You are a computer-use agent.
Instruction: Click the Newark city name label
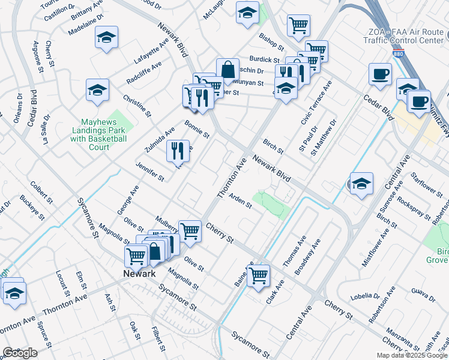[x=139, y=274]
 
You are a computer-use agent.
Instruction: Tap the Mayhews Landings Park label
[x=98, y=130]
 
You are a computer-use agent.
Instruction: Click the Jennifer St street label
[x=149, y=171]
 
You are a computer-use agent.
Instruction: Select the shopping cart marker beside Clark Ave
[x=258, y=275]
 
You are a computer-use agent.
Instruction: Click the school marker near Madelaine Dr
[x=106, y=38]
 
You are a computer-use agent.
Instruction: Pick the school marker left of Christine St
[x=97, y=90]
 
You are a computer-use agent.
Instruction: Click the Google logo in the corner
[x=20, y=352]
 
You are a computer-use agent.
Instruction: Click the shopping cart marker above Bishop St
[x=298, y=25]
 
